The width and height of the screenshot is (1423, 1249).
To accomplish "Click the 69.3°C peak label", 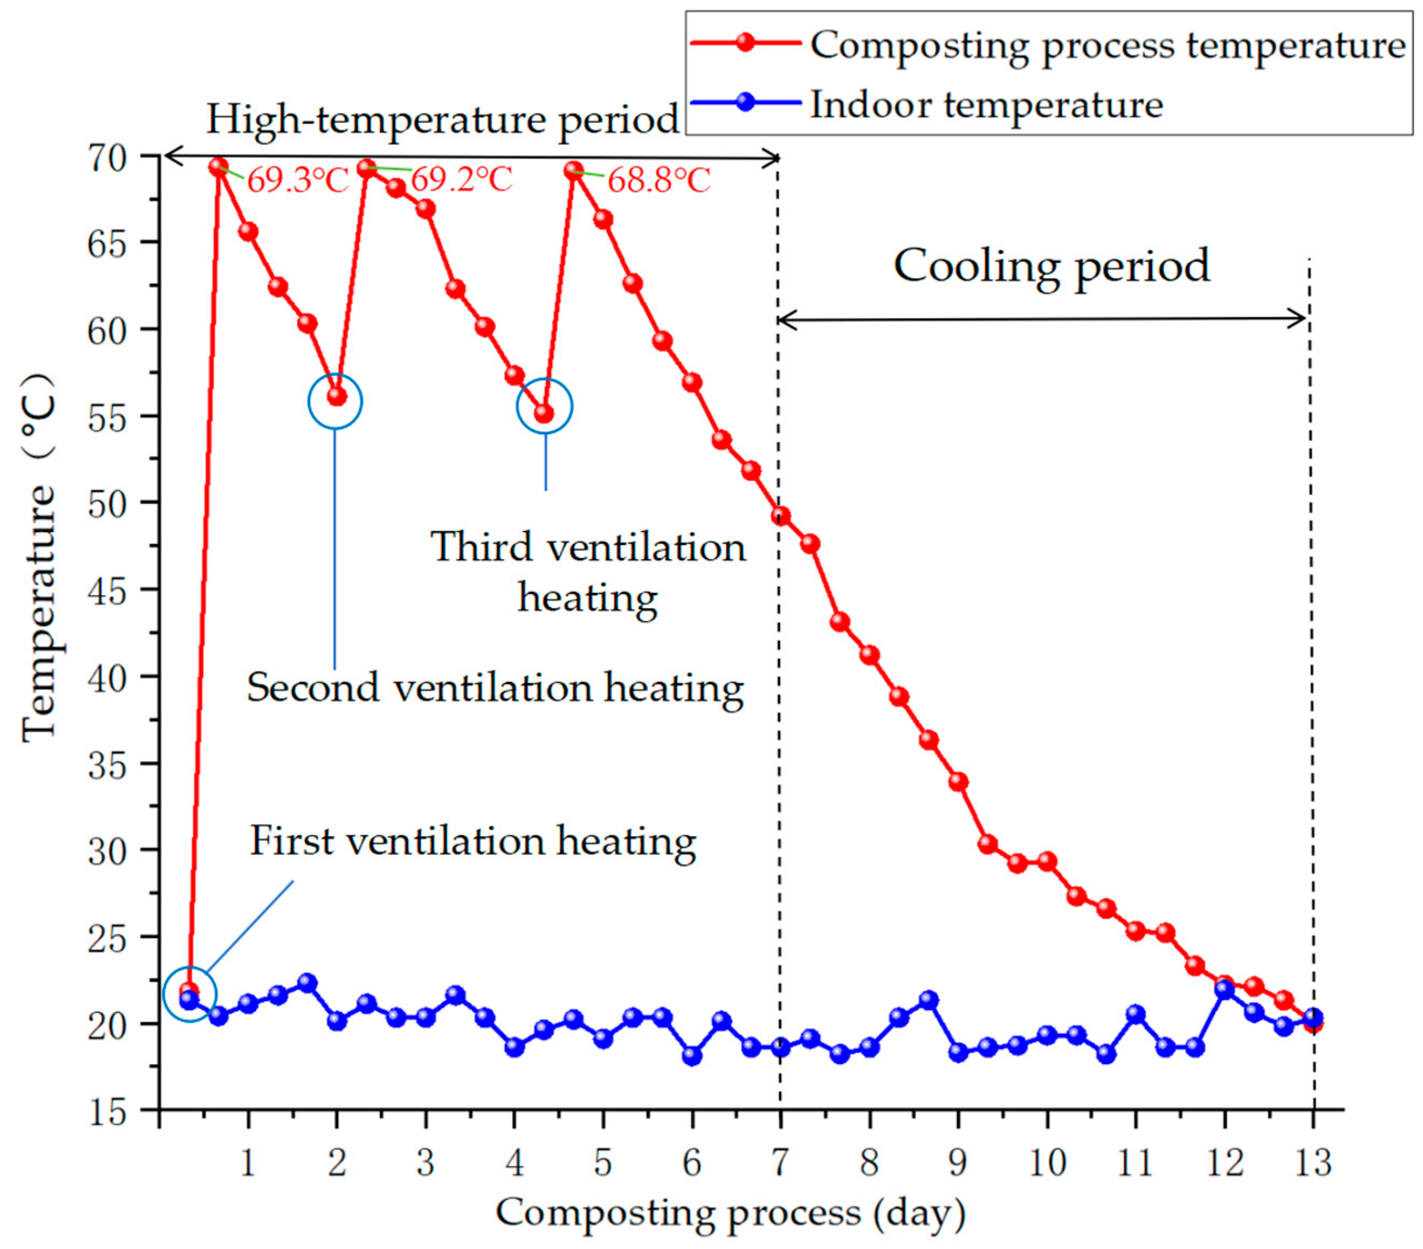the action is point(298,180).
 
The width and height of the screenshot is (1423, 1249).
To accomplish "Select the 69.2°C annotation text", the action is point(461,179).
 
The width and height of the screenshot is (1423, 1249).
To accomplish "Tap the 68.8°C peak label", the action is point(659,180).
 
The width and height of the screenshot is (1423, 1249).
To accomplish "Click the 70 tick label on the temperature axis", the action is point(107,157).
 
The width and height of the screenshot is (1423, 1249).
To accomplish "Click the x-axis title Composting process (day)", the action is point(731,1213).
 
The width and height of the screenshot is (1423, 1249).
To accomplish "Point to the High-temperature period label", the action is point(443,120).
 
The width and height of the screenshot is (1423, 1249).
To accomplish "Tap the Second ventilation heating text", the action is point(496,688).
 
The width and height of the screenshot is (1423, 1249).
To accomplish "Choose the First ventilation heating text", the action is point(473,842).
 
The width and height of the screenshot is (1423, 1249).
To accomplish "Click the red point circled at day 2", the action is point(337,396).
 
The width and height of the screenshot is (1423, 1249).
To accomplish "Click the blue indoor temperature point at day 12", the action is point(1224,989).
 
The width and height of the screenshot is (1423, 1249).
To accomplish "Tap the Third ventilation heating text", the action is point(588,572).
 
